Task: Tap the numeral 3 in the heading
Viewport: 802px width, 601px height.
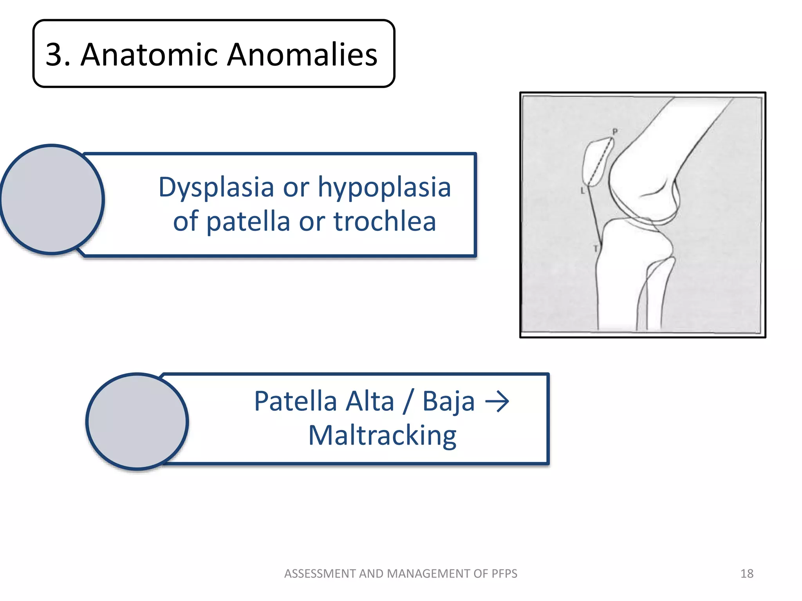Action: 54,54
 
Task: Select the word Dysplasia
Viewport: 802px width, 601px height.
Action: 216,188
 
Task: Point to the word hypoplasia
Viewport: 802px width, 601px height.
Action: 384,188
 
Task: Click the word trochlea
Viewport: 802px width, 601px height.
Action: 385,221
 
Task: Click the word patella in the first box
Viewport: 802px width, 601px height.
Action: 248,221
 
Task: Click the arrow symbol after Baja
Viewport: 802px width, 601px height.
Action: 497,402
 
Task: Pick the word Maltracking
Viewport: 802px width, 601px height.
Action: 382,436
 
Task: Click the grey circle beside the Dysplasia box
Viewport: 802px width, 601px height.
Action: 52,200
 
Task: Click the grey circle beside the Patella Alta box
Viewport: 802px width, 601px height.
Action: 137,421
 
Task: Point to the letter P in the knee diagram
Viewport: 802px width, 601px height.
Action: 615,132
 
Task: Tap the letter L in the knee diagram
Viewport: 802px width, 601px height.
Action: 582,191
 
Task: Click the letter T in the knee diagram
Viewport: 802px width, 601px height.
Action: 595,248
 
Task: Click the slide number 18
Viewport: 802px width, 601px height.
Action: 747,574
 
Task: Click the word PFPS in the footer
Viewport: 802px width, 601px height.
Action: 503,574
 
